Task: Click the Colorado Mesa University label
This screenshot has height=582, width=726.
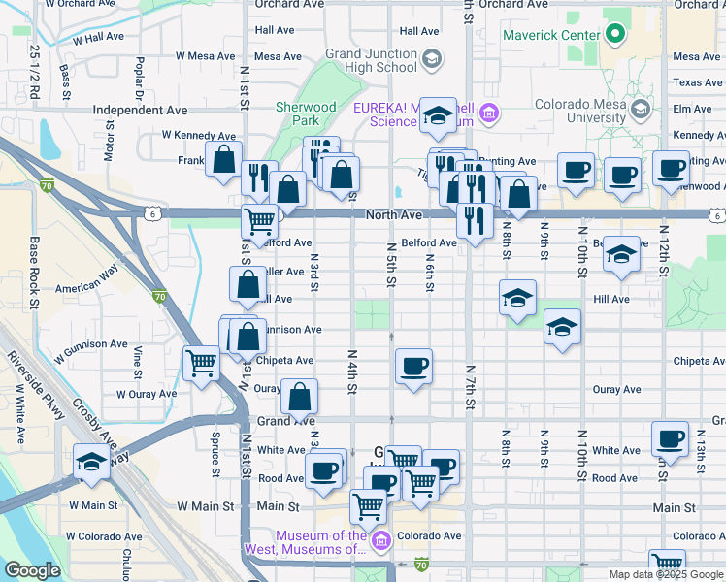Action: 582,111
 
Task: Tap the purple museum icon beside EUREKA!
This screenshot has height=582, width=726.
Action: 489,114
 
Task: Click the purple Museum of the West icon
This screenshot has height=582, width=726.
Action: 380,540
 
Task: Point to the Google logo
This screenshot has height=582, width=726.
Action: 32,570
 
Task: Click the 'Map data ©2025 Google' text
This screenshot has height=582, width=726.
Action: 666,574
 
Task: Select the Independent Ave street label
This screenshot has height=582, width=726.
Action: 140,111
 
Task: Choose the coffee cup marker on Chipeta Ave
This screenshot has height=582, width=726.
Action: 414,367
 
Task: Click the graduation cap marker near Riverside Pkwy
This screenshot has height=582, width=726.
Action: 91,462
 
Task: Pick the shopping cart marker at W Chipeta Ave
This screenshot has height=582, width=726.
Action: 201,364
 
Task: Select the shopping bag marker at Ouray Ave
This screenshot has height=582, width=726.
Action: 299,395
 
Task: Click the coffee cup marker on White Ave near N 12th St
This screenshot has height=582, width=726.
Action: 670,438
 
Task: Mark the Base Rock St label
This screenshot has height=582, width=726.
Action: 34,272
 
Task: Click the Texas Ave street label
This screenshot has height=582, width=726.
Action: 697,82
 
